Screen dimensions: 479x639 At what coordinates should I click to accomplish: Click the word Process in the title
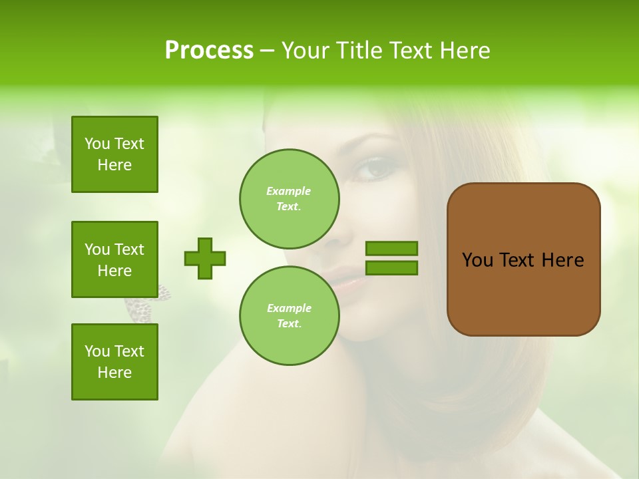tap(209, 51)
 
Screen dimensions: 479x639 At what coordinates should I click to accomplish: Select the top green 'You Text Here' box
tap(114, 154)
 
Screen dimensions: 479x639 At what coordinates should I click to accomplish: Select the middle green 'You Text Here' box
tap(114, 259)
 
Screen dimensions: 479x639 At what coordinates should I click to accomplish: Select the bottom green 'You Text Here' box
tap(114, 362)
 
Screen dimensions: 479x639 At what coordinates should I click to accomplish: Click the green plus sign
tap(205, 258)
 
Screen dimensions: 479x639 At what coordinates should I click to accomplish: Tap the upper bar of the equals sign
tap(391, 248)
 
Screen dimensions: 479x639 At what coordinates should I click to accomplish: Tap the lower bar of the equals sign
tap(391, 268)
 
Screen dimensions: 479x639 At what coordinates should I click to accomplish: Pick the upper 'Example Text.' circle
tap(289, 198)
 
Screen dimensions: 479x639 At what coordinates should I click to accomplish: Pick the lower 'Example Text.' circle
tap(289, 315)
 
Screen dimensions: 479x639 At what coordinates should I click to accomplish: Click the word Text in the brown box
tap(520, 260)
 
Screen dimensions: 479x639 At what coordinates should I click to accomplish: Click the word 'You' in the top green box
tap(97, 144)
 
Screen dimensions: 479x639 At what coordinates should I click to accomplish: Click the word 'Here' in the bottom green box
tap(114, 373)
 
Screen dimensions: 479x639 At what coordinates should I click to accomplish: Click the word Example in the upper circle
tap(288, 191)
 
